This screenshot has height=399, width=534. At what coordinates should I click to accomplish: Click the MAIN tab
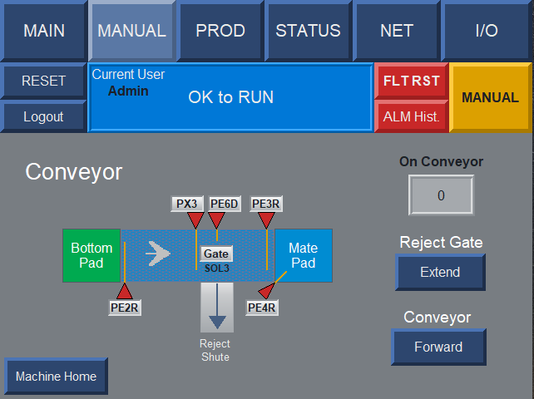click(x=43, y=31)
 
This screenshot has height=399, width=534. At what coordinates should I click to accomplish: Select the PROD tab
click(x=220, y=31)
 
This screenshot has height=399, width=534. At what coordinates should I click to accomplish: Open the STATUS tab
click(x=309, y=31)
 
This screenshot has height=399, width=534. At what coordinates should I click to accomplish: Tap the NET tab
click(x=397, y=31)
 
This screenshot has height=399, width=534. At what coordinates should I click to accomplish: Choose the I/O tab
click(x=487, y=31)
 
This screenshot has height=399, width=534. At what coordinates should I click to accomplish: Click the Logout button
click(x=43, y=116)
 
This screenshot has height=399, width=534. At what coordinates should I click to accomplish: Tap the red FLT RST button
click(x=412, y=81)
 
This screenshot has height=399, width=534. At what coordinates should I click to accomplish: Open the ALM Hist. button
click(x=412, y=116)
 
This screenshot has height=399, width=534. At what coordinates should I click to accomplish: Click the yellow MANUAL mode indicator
click(x=490, y=97)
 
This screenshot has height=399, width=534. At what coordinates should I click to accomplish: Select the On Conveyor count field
click(x=441, y=195)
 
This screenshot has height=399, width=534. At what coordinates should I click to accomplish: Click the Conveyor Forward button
click(x=438, y=347)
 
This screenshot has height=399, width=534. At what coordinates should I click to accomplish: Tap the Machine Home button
click(x=57, y=377)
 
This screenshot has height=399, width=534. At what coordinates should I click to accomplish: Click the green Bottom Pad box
click(x=91, y=255)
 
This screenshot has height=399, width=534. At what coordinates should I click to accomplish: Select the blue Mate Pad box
click(x=304, y=255)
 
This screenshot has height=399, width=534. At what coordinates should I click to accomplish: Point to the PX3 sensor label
click(x=187, y=204)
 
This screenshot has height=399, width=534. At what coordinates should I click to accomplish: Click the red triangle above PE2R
click(x=125, y=292)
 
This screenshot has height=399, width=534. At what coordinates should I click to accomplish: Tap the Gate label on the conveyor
click(x=216, y=254)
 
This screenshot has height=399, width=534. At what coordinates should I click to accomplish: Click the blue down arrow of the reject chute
click(x=217, y=307)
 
